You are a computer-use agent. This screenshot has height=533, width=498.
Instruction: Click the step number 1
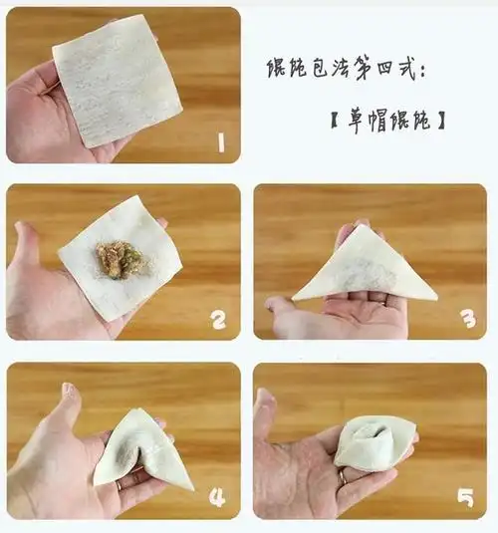(220, 144)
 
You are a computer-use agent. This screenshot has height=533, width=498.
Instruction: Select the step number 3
(465, 321)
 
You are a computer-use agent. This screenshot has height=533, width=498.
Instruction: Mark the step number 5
(465, 496)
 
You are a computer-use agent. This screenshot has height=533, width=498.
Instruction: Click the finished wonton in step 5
(373, 443)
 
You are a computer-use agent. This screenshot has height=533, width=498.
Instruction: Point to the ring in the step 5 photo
(343, 477)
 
